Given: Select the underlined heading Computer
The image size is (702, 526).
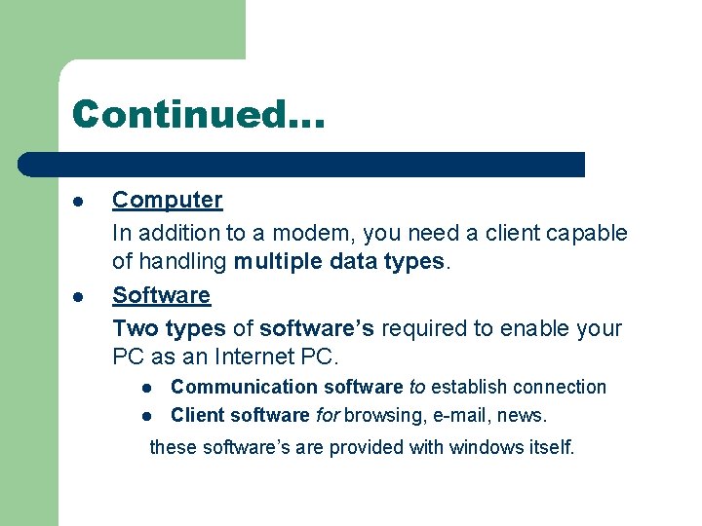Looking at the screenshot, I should [167, 200].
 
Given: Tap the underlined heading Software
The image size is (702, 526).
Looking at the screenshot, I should [161, 295].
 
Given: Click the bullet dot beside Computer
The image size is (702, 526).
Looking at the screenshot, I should [77, 202].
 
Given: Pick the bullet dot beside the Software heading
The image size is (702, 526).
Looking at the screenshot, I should [77, 297].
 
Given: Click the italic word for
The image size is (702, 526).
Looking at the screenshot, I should [327, 416].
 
